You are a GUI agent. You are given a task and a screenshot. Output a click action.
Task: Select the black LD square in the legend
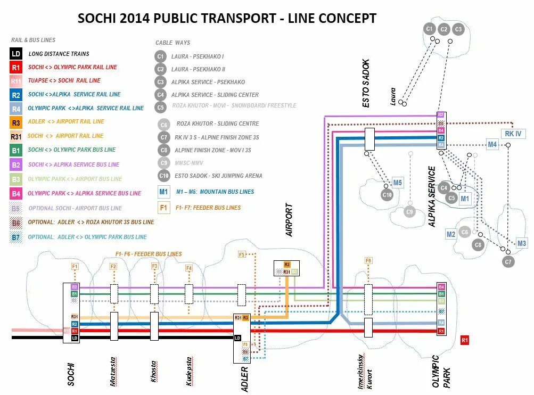(x=16, y=54)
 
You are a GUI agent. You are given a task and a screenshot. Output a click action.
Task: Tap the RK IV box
(x=513, y=134)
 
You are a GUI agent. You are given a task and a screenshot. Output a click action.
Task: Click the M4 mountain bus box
(x=492, y=144)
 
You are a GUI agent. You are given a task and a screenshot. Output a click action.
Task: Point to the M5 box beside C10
(x=398, y=183)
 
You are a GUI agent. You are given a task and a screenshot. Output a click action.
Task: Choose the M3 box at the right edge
(x=522, y=243)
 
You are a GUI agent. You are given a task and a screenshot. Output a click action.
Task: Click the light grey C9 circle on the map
(x=409, y=212)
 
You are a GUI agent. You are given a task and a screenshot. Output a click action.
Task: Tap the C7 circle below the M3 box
(x=508, y=261)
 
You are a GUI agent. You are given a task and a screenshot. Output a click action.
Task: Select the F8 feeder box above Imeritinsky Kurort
(x=368, y=260)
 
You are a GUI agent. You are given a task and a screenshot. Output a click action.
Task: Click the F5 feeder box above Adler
(x=242, y=255)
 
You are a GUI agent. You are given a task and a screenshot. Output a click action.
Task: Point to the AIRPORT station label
(x=290, y=219)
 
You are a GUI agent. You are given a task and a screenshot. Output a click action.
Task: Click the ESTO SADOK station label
(x=366, y=84)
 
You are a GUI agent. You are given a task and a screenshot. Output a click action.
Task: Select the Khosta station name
(x=153, y=372)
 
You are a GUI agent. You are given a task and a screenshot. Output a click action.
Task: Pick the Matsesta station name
(x=113, y=373)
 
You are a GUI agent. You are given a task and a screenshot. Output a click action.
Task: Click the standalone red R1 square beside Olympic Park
(x=465, y=340)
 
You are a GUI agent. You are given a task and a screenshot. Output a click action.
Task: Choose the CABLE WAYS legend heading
(x=172, y=43)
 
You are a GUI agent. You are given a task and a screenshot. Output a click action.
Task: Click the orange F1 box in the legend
(x=164, y=208)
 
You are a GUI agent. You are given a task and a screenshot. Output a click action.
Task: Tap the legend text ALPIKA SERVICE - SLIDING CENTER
(x=215, y=95)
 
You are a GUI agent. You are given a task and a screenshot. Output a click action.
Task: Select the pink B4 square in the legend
(x=16, y=194)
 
